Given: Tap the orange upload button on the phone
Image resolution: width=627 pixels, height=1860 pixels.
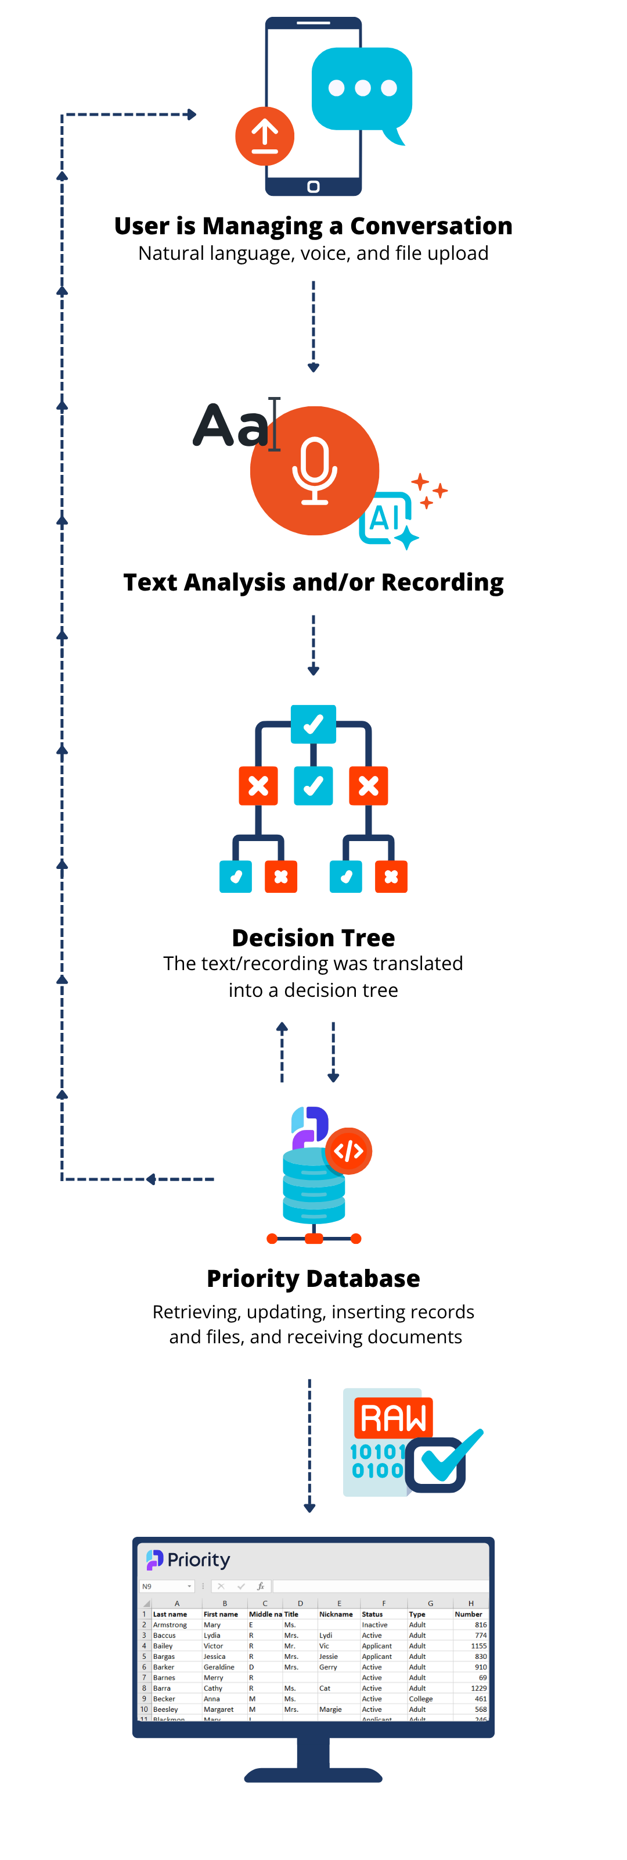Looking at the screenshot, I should coord(265,136).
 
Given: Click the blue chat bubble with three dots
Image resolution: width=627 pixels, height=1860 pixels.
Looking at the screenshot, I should coord(362,88).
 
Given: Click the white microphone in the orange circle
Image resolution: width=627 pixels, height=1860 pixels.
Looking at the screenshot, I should coord(315,470).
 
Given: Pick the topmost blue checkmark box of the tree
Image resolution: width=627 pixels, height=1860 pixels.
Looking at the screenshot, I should coord(313,724).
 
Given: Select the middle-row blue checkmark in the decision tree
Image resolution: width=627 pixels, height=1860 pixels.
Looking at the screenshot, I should coord(313,786).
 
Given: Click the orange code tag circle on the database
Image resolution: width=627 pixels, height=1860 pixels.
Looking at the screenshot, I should coord(348,1150).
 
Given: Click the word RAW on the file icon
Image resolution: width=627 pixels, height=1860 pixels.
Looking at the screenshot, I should coord(393,1418).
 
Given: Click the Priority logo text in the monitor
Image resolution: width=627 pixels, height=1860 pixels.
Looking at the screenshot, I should coord(198,1559).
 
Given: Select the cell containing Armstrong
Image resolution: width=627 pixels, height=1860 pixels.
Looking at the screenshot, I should coord(170,1625).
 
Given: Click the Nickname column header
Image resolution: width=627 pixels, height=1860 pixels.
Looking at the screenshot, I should coord(336,1614).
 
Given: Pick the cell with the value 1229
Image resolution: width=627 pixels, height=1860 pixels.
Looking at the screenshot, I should coord(478,1688).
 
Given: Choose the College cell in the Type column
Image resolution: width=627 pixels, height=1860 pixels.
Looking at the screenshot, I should coord(421,1699).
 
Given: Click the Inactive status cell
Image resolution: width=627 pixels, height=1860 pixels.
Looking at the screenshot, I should coord(374,1625).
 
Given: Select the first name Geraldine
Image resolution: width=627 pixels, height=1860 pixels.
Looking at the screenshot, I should coord(219,1667).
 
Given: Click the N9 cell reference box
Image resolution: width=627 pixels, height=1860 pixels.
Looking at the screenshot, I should coord(166,1586).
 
